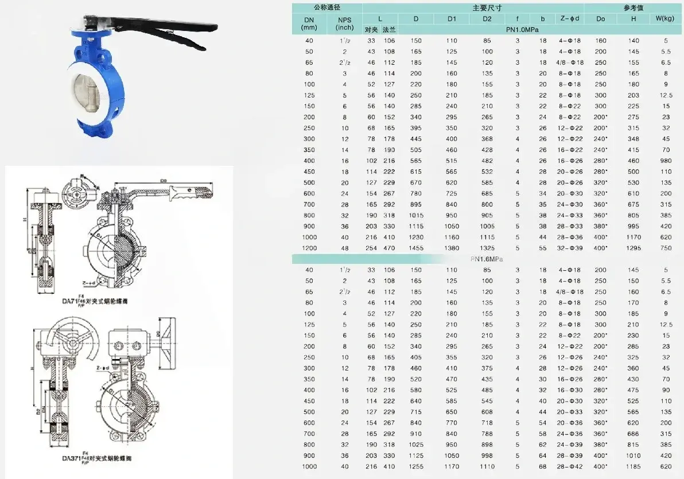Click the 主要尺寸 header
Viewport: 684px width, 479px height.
click(487, 8)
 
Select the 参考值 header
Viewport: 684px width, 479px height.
click(633, 8)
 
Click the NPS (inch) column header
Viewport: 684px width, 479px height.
click(344, 24)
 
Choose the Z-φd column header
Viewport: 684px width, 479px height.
click(570, 19)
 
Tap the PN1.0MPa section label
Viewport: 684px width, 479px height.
click(522, 29)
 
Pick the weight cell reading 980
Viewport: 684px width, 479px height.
click(666, 161)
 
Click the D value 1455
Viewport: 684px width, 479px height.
click(416, 248)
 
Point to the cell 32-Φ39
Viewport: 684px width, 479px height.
click(570, 248)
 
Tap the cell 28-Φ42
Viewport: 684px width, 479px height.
click(570, 467)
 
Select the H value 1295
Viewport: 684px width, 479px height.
click(634, 248)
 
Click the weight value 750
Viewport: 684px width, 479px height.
click(666, 248)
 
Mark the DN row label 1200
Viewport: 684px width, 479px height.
click(310, 248)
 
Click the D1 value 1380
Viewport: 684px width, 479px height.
click(452, 248)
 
